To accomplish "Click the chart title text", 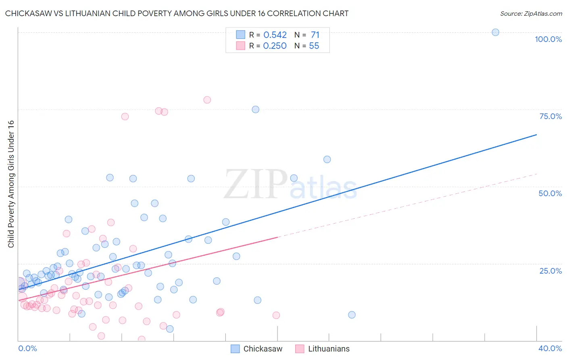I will [x=177, y=13].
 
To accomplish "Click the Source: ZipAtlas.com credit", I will [x=531, y=13].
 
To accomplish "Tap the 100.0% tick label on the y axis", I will [x=548, y=39].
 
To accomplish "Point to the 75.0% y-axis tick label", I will [x=550, y=116].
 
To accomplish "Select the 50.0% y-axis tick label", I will [x=550, y=193].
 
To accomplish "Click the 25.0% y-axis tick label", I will [x=550, y=270].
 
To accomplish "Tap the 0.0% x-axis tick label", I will [x=27, y=348].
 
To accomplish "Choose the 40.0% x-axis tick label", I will [x=550, y=348].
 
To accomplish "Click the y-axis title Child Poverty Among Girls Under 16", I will [x=11, y=184].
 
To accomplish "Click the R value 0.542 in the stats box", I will [x=275, y=35].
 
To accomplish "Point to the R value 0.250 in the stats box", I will [x=275, y=46].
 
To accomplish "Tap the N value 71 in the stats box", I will [x=315, y=35].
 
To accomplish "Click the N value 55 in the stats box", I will [x=314, y=46].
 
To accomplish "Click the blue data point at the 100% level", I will [x=495, y=32].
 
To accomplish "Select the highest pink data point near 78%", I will [x=207, y=100].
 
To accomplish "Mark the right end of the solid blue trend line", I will [x=536, y=134].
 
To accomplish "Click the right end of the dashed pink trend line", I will [x=536, y=174].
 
